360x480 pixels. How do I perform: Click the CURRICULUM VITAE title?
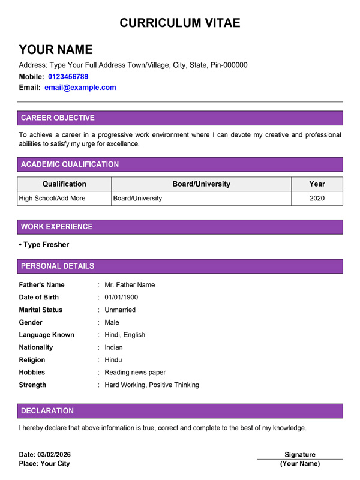[180, 23]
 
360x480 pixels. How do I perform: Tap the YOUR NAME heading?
[56, 50]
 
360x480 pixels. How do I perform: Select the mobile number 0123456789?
[68, 77]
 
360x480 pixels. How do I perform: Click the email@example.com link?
[80, 88]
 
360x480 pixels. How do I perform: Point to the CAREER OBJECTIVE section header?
[58, 118]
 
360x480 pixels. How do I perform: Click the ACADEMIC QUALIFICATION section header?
[70, 164]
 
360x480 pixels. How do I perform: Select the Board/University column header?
[201, 184]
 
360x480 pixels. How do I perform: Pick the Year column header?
[317, 184]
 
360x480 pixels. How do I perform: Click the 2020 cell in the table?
[317, 198]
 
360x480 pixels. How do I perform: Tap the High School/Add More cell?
[52, 198]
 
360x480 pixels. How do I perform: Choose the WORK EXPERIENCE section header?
[56, 227]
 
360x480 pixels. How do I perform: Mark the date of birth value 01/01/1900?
[121, 298]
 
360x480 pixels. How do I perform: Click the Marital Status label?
[41, 310]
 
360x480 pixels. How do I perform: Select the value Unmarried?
[120, 310]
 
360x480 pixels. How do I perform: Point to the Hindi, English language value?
[125, 335]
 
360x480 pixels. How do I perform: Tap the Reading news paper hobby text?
[135, 373]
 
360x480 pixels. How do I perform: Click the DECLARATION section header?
[47, 411]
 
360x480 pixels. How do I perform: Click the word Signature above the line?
[300, 455]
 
